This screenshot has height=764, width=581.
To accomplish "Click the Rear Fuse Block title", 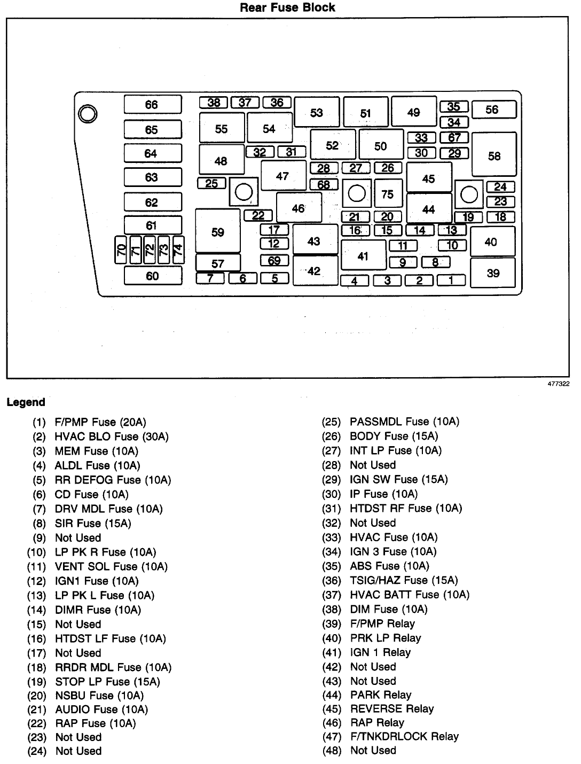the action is click(287, 7).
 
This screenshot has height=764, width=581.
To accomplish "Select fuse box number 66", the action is click(153, 104).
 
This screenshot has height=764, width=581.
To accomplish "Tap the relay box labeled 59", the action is click(218, 231).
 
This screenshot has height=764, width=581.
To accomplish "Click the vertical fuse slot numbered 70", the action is click(120, 250).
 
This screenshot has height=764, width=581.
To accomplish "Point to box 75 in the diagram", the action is click(388, 193).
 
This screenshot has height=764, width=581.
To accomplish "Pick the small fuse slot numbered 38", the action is click(213, 103).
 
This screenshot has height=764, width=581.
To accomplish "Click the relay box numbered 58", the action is click(494, 154).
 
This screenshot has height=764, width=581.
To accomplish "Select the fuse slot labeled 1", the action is click(451, 280).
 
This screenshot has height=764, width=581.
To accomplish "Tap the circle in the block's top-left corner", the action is click(88, 114).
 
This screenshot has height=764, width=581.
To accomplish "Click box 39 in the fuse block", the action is click(493, 273).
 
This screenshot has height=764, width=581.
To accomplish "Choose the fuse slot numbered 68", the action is click(324, 184).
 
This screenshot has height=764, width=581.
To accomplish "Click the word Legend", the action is click(26, 402).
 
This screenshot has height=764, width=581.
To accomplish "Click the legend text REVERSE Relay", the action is click(392, 708).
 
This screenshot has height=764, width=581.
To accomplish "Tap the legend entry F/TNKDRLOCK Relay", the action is click(404, 736).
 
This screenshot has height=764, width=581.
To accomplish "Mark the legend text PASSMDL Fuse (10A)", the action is click(405, 422).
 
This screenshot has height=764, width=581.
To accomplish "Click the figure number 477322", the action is click(559, 384).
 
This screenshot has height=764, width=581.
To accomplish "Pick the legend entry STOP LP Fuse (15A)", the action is click(107, 682).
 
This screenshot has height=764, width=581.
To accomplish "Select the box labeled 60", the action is click(153, 276).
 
